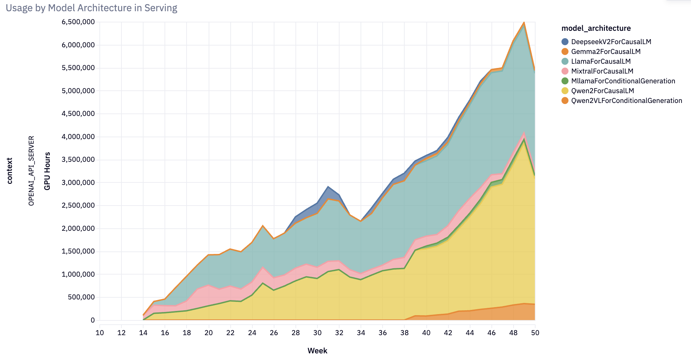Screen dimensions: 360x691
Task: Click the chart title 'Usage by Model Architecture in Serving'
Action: (92, 8)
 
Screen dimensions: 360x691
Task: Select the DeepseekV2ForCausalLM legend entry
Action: (611, 42)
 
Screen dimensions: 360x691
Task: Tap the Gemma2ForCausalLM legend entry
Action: (606, 51)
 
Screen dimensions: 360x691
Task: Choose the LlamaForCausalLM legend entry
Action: (601, 61)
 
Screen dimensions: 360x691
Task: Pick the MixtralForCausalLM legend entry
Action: (602, 71)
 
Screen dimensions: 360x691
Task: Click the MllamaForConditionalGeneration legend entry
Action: (623, 81)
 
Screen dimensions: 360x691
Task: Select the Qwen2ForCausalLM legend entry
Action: (602, 91)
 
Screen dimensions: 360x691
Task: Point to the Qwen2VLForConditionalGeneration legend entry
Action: (626, 101)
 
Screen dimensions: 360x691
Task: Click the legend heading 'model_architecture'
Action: (596, 28)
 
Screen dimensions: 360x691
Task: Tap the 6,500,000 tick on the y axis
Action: (78, 22)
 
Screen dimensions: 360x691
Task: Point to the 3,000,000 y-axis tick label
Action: (78, 182)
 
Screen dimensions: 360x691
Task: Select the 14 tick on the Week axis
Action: (143, 333)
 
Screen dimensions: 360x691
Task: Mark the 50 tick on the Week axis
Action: (535, 333)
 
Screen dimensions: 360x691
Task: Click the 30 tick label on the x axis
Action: (317, 333)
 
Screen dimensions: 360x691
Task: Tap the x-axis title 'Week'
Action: (317, 351)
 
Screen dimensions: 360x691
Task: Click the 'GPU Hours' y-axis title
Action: (47, 171)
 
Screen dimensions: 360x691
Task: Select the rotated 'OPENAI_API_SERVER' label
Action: (32, 171)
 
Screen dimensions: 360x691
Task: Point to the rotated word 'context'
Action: (10, 171)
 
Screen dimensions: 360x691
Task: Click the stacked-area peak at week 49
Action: (524, 22)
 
